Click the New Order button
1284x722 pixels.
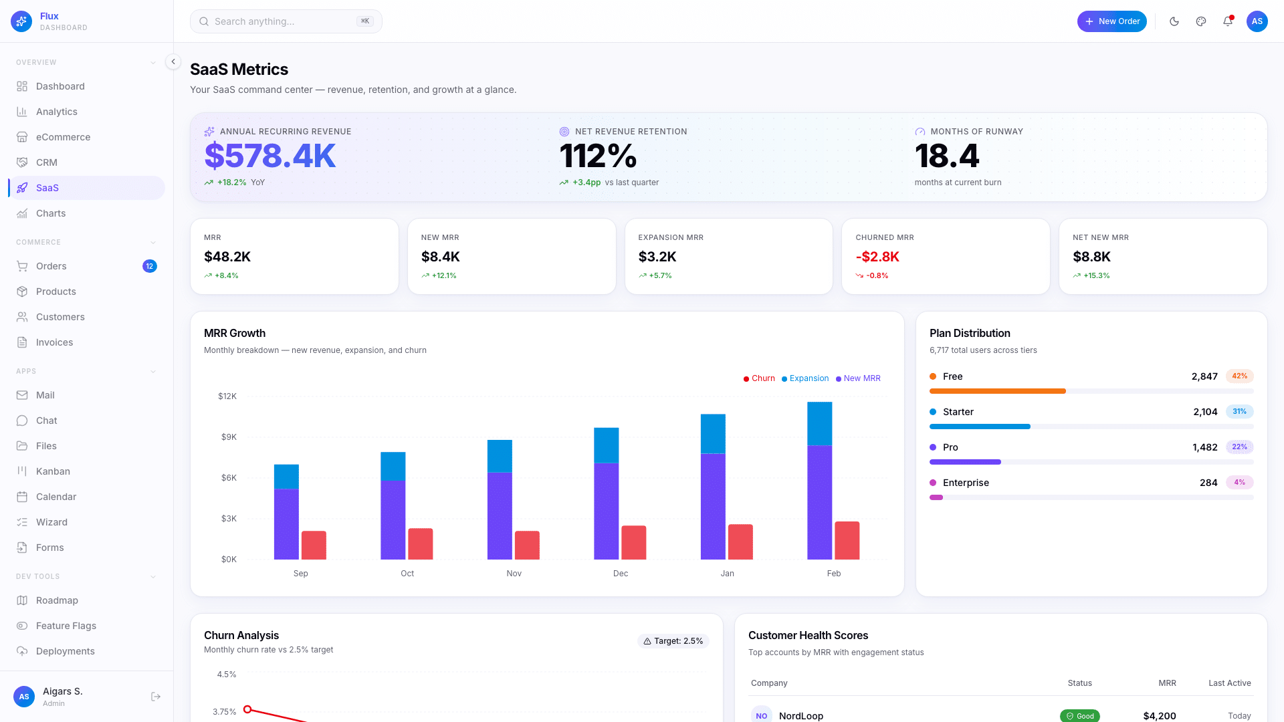1111,21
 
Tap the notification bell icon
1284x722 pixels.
1228,21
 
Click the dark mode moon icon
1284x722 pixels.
1174,21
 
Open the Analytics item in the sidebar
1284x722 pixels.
57,112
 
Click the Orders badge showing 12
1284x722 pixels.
150,266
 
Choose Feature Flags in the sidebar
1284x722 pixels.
66,626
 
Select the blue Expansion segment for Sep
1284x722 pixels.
286,477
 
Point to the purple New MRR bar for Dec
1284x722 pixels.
606,511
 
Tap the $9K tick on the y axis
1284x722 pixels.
229,437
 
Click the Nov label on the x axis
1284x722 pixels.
514,574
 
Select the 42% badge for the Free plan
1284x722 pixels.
1239,376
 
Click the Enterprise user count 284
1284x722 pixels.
1208,483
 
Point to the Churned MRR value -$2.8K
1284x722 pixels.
877,257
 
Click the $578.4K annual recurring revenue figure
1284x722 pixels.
270,156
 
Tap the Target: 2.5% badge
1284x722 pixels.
673,641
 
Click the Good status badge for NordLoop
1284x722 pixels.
1079,715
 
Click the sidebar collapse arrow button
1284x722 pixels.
173,62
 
